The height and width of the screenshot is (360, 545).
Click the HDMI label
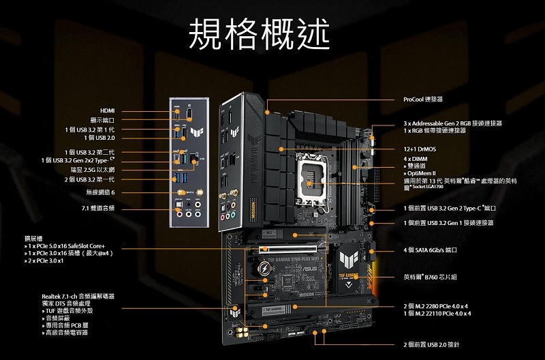(107, 110)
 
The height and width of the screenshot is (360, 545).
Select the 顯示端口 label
(102, 120)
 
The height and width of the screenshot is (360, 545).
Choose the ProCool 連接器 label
(423, 100)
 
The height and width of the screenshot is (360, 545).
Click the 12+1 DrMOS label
(420, 148)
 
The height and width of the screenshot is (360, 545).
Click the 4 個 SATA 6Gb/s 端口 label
(429, 250)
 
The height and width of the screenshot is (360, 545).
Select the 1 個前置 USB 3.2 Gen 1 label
(448, 223)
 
